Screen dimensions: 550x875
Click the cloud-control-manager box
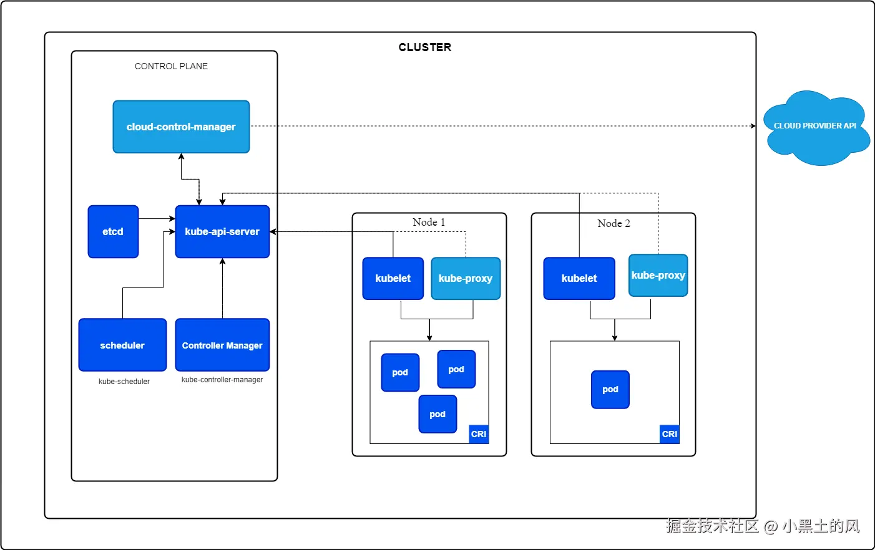[181, 127]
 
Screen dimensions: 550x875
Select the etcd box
[113, 231]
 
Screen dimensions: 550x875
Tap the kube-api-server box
[222, 231]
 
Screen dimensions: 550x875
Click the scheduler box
[122, 345]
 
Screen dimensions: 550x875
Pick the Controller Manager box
[222, 345]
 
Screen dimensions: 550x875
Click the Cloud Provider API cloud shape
[815, 127]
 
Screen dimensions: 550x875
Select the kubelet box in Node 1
[393, 278]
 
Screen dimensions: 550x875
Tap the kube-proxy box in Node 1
[466, 278]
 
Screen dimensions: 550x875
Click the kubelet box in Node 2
[579, 278]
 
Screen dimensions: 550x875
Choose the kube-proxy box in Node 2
[658, 275]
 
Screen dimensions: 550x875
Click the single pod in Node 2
[610, 389]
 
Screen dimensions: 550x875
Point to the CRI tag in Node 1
[479, 434]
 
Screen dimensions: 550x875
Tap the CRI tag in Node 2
[670, 434]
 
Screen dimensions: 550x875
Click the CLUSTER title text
[425, 47]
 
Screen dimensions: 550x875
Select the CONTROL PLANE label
[171, 66]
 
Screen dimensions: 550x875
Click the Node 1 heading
[429, 223]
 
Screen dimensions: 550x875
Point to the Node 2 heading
[613, 223]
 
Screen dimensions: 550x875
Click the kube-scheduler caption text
[124, 382]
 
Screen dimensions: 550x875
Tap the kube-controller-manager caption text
[222, 380]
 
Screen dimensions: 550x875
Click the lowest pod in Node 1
[438, 414]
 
